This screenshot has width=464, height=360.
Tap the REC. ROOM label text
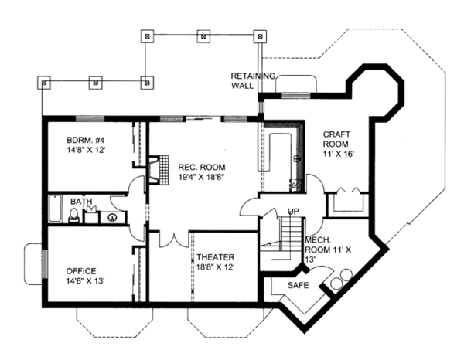(x=202, y=166)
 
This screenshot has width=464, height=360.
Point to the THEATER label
(x=215, y=257)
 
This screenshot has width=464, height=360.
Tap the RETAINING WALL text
(x=247, y=80)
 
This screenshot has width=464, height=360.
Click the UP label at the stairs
(x=293, y=211)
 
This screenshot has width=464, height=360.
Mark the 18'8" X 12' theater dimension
(x=215, y=268)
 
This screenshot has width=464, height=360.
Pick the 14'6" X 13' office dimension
(x=76, y=281)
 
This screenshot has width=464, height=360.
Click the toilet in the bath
(x=74, y=217)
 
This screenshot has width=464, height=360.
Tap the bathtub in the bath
(x=55, y=209)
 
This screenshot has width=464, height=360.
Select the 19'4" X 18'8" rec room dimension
(x=202, y=177)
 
